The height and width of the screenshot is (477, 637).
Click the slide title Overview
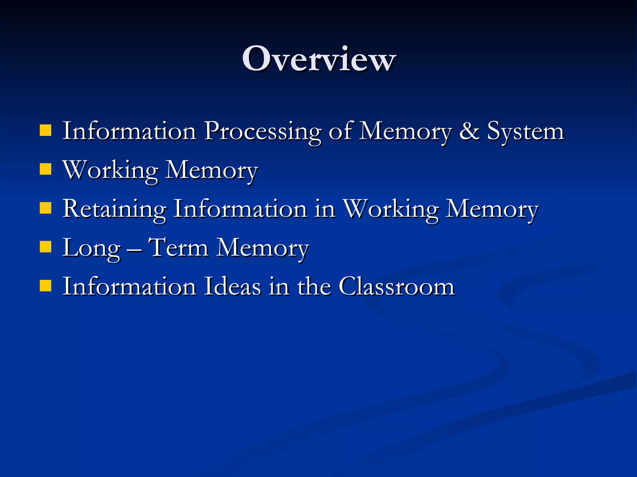318,59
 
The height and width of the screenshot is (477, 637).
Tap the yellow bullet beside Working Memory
46,170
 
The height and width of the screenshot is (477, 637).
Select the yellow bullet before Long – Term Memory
46,247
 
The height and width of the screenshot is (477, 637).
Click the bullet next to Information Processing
46,131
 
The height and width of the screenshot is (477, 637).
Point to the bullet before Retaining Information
46,208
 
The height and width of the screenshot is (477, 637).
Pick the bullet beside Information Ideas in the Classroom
46,286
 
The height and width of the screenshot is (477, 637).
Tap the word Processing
263,132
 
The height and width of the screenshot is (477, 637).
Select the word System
525,132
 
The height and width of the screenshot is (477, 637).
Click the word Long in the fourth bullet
91,248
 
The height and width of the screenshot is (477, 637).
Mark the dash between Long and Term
134,249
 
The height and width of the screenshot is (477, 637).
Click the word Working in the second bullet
110,171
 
